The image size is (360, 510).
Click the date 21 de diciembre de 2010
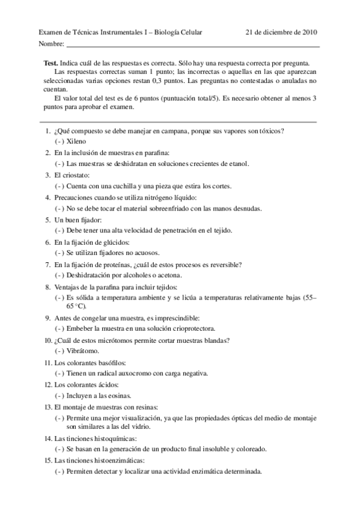[282, 32]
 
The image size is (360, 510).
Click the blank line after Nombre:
[192, 46]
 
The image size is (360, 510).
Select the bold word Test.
[51, 63]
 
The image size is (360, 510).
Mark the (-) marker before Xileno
[59, 141]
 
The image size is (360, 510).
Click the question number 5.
[47, 220]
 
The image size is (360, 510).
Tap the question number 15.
[46, 460]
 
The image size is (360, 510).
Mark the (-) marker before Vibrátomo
[59, 351]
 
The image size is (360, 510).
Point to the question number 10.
[46, 340]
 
